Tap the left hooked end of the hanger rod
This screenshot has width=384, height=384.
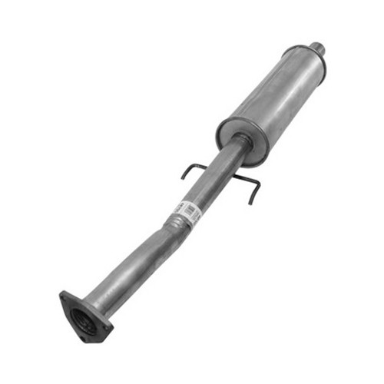point(184,176)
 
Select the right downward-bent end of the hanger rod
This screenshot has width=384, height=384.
point(251,201)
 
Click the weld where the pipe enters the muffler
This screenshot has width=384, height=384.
point(241,142)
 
